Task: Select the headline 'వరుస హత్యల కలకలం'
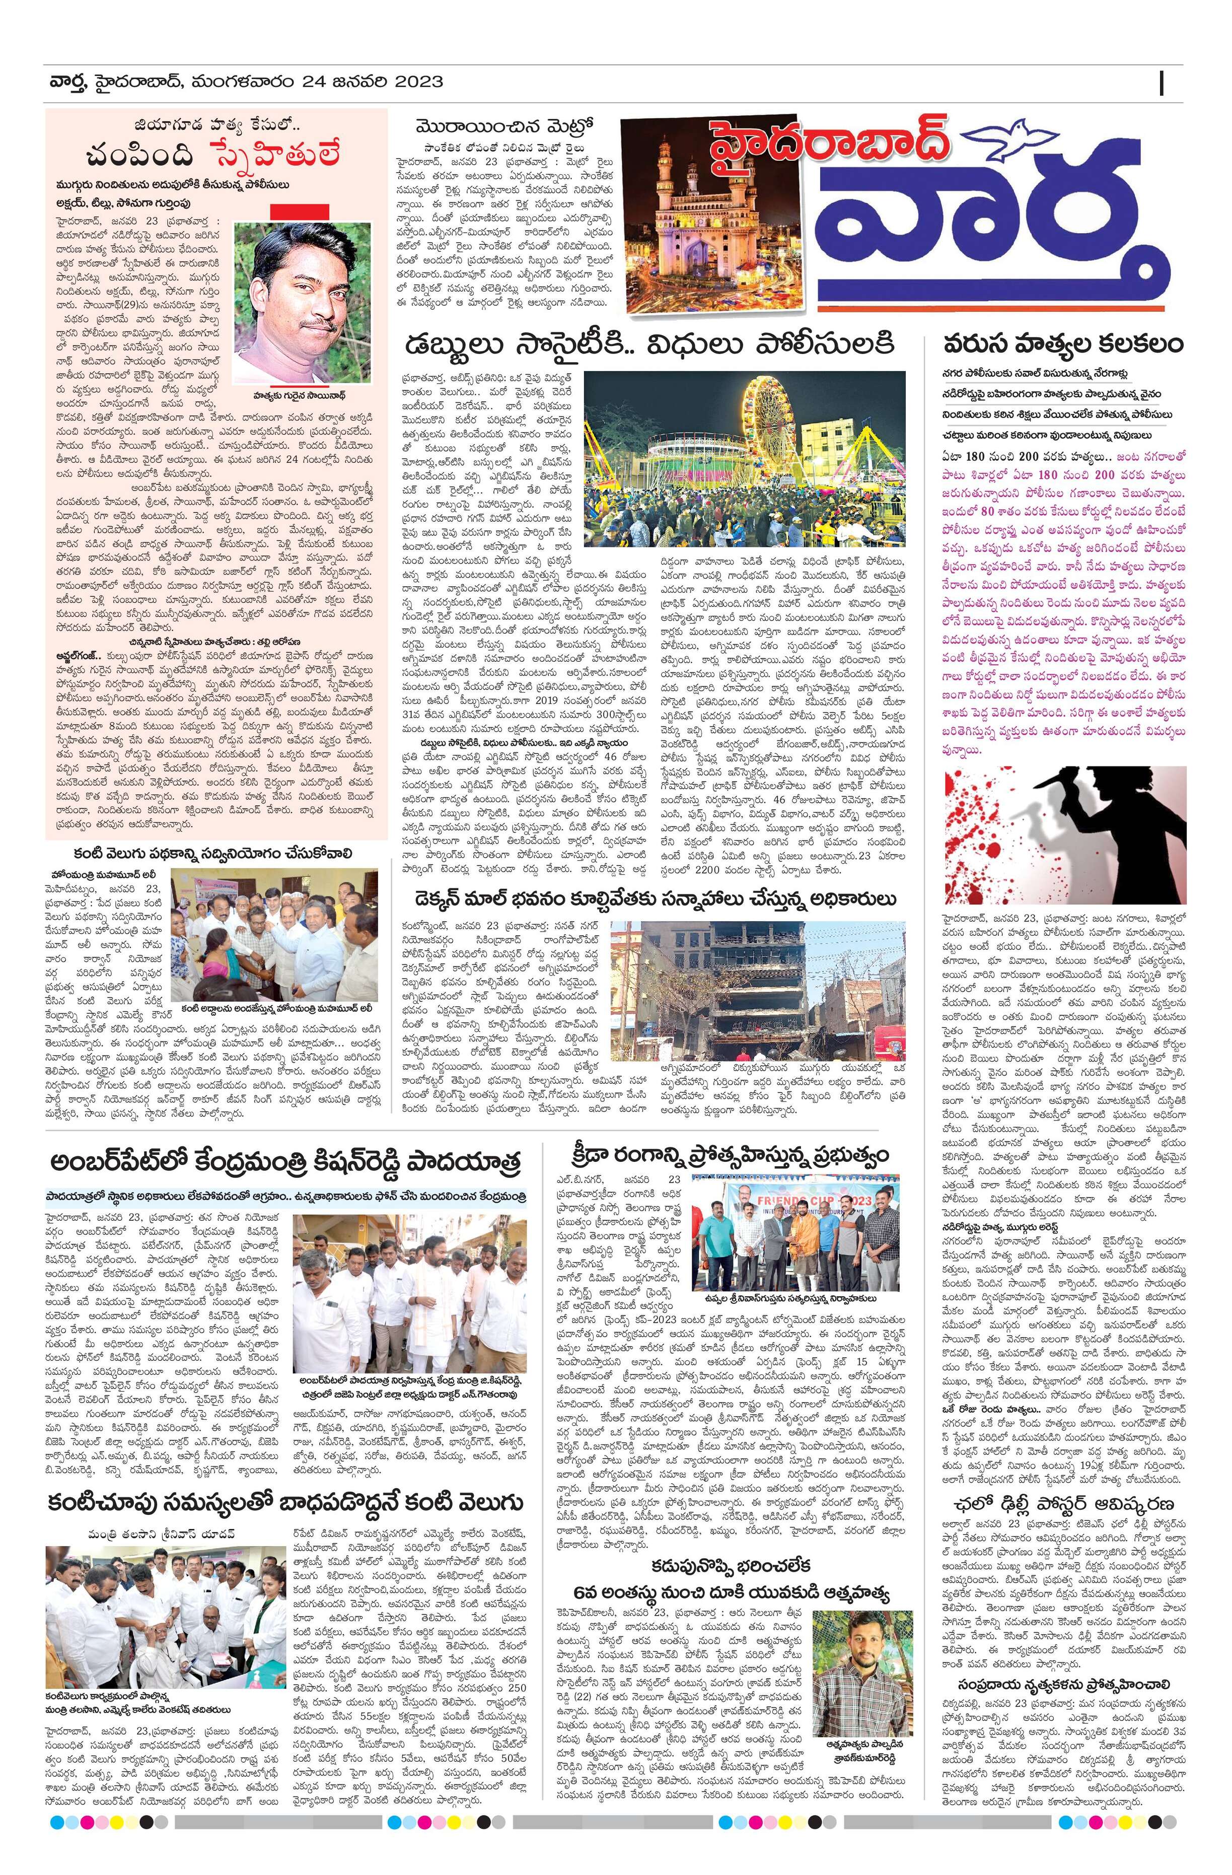point(1063,344)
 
